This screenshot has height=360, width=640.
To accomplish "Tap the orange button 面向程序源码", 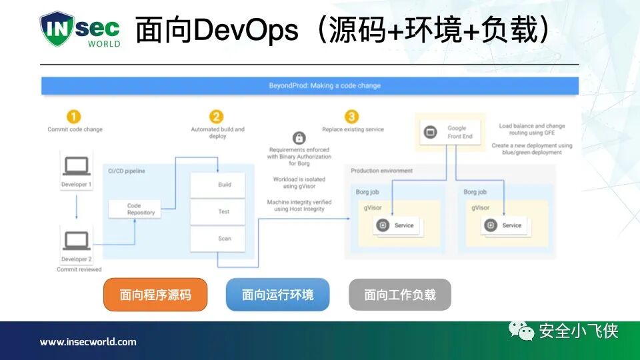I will click(x=155, y=295).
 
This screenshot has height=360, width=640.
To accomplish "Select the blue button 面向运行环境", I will click(x=277, y=295).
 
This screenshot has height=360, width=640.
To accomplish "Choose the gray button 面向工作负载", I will click(x=400, y=295).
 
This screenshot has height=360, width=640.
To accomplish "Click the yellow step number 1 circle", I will click(x=75, y=117).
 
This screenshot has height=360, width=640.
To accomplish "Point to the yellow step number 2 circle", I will click(x=217, y=117).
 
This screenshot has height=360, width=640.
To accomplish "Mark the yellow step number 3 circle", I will click(x=351, y=117).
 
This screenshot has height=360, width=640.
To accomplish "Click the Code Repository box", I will click(x=135, y=209).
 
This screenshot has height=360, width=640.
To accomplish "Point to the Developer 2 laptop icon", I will click(x=76, y=239).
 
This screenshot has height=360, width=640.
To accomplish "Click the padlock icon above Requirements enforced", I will click(x=299, y=138).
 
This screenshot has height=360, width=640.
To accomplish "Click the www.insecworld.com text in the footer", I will click(x=88, y=342).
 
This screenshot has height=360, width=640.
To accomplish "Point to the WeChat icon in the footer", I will click(x=522, y=330).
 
